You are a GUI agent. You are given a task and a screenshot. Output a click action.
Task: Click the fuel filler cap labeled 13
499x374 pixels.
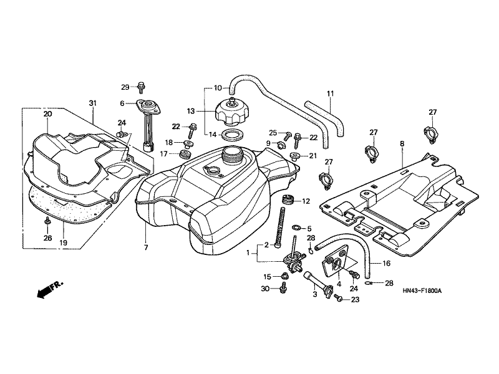pos(231,112)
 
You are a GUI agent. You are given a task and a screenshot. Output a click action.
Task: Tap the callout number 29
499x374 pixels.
pos(125,87)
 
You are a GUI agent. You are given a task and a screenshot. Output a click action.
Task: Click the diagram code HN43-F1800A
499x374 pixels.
pos(422,290)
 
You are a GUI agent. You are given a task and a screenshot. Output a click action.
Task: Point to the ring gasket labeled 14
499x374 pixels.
pos(232,135)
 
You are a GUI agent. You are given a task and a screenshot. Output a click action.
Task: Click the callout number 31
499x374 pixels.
pos(92,103)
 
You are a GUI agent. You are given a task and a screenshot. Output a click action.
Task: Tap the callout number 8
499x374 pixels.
pos(402,144)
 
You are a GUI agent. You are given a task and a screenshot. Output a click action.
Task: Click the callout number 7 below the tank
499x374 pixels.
pos(146,247)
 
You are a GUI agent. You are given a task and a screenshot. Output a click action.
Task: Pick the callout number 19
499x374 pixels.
pos(64,243)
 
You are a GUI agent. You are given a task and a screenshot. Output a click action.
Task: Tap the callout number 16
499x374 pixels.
pos(386,263)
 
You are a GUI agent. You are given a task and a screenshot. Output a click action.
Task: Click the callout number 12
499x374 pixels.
pos(306,201)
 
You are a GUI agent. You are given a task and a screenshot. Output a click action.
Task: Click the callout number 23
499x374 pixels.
pos(356,300)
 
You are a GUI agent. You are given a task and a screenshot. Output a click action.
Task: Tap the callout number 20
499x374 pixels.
pos(48,114)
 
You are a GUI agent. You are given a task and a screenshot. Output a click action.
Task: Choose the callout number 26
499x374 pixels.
pos(48,238)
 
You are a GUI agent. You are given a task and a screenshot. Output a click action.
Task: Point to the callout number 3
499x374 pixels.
pos(315,294)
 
